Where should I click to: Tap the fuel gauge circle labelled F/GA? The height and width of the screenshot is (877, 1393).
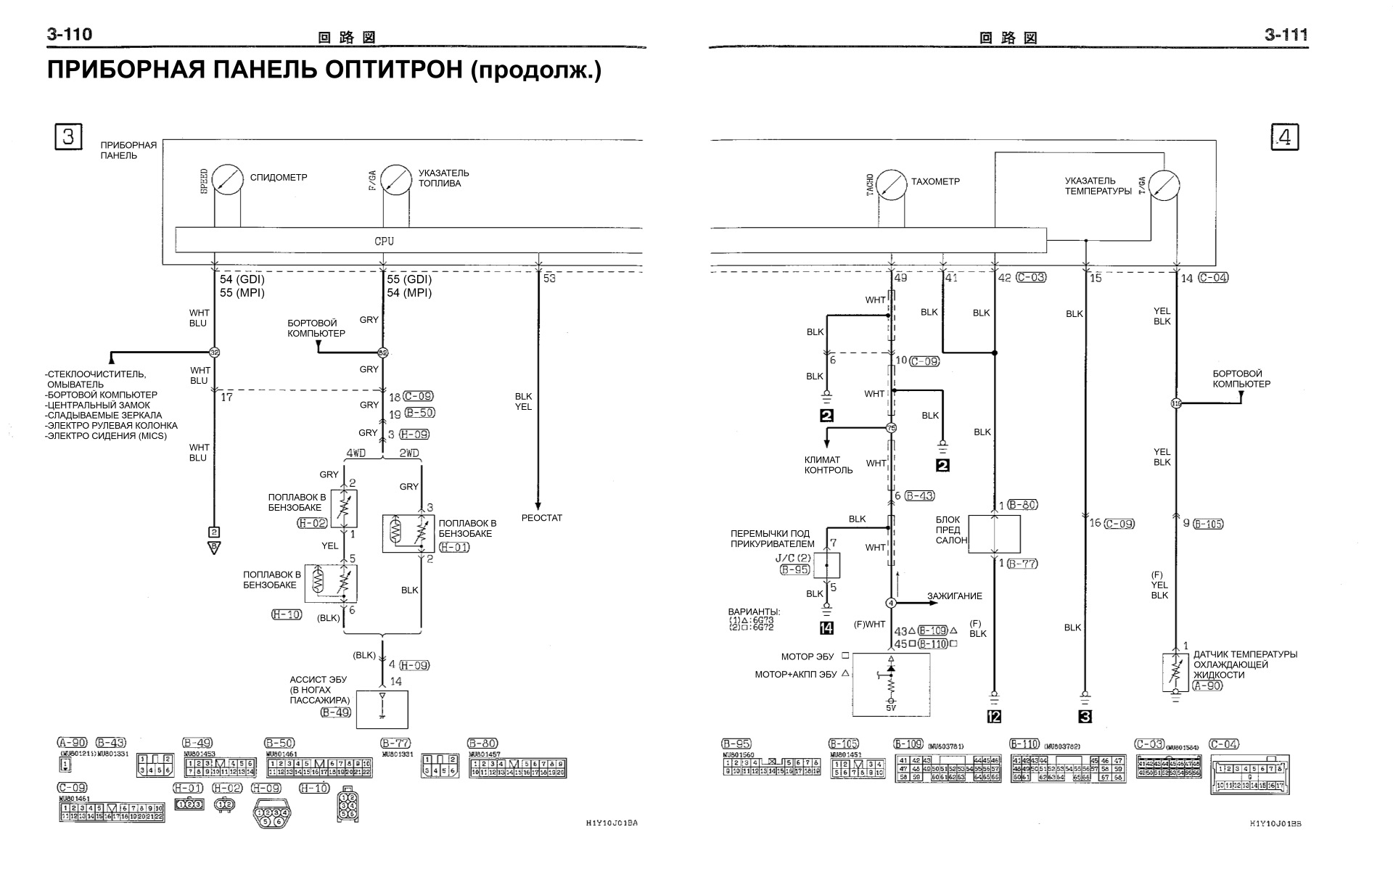pos(396,178)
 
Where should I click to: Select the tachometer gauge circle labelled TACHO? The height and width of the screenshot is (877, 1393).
pos(892,185)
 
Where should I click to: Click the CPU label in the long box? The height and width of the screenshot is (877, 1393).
pos(385,241)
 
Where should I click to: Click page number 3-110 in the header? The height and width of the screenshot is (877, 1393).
pos(70,34)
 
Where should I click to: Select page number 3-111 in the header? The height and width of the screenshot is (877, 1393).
pos(1286,35)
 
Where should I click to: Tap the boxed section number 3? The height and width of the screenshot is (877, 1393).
pos(68,136)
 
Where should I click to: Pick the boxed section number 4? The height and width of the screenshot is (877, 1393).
pos(1284,138)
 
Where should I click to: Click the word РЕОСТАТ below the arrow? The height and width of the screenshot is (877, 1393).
pos(541,518)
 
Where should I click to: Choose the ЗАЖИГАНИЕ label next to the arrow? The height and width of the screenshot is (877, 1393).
pos(954,596)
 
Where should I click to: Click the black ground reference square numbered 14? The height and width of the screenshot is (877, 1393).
pos(826,628)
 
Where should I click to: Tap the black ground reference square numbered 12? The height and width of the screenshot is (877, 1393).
pos(994,717)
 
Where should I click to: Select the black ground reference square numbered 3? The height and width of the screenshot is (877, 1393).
pos(1085,717)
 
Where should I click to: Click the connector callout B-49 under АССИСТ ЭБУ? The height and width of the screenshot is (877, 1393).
pos(336,712)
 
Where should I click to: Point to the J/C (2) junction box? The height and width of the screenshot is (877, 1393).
pos(826,564)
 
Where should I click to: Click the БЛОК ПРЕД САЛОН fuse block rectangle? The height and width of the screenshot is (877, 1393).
pos(995,535)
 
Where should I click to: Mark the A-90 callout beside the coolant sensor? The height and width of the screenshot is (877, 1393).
pos(1207,685)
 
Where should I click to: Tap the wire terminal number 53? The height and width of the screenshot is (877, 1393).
pos(549,279)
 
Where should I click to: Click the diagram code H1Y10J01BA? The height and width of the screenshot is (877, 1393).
pos(612,823)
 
